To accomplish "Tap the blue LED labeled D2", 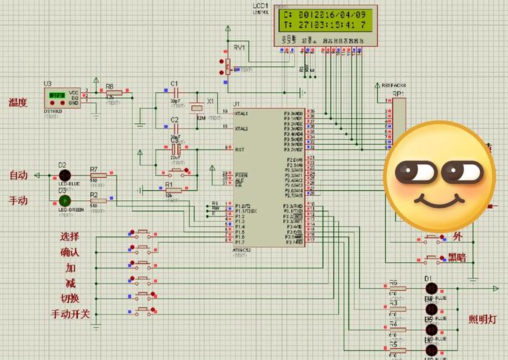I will point(64,175).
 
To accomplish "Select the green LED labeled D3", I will point(64,200).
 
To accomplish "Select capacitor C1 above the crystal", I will point(174,93).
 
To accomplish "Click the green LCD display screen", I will point(324,20).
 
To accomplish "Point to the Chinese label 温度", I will point(18,103).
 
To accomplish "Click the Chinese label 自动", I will point(18,176).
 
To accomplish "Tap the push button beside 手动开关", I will point(143,312).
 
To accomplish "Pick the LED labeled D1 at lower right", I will point(431,289).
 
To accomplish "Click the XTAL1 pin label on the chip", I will point(241,113).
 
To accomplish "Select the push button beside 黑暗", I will point(432,258).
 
